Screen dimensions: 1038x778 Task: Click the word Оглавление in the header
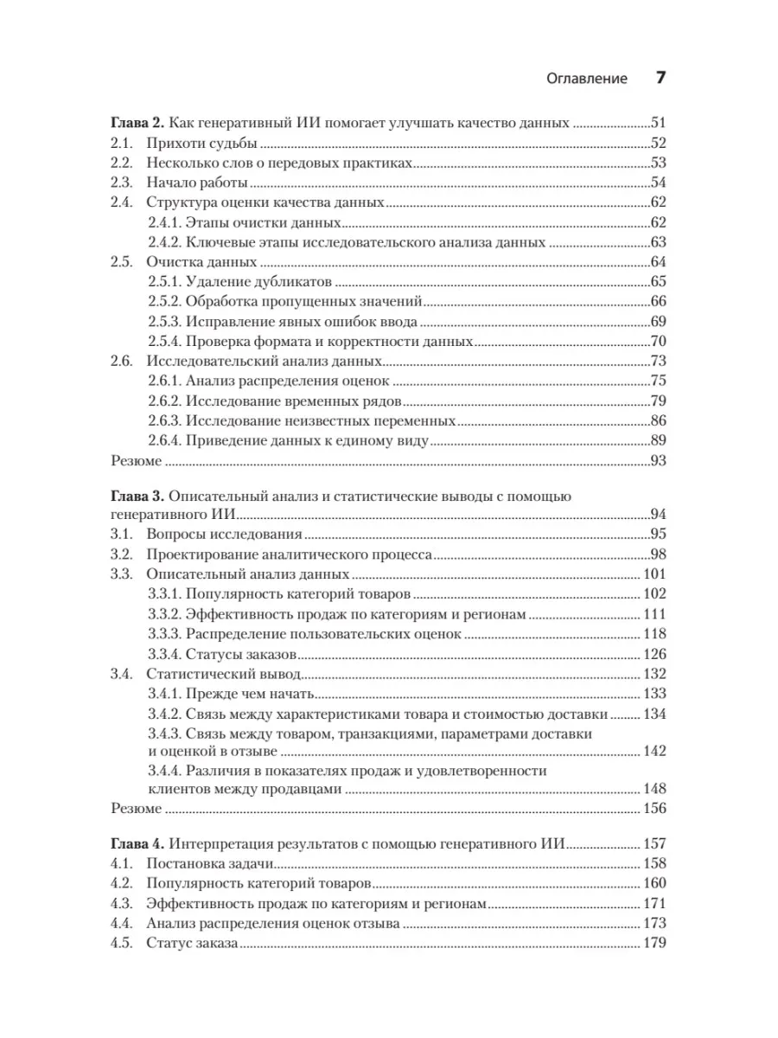pyautogui.click(x=587, y=79)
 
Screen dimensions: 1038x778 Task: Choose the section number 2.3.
pyautogui.click(x=123, y=183)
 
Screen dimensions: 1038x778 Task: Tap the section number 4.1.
pyautogui.click(x=123, y=864)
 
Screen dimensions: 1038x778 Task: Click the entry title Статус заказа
pyautogui.click(x=190, y=944)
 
